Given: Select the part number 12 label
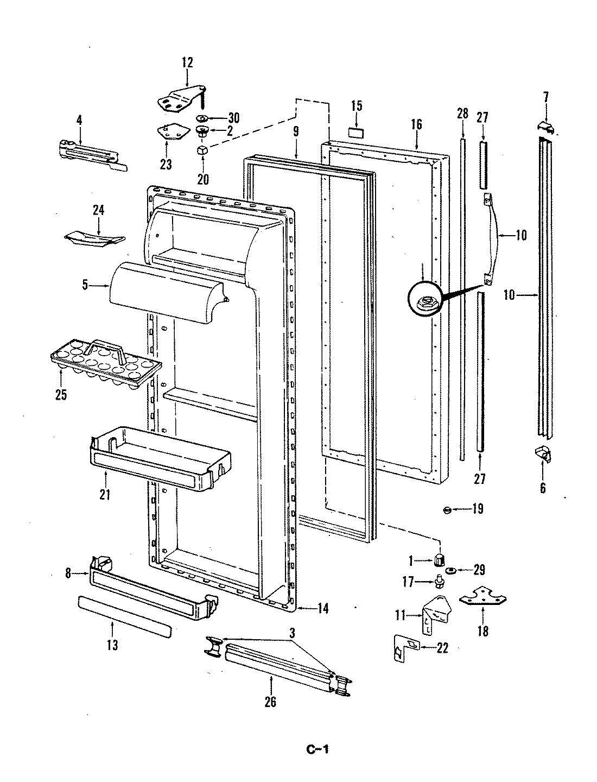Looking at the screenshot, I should [187, 63].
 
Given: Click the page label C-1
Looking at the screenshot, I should [317, 751].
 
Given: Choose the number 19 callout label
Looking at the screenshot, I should [478, 509].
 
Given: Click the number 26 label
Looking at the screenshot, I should [270, 702].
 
